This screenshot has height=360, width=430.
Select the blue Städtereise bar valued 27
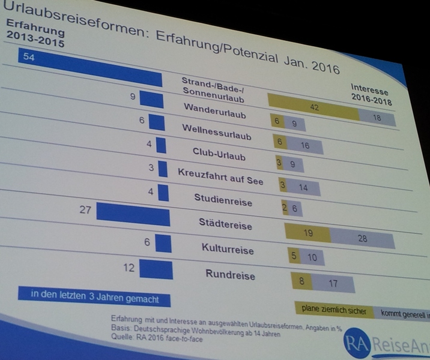[x=133, y=214]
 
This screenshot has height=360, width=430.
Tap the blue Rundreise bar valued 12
[x=157, y=270]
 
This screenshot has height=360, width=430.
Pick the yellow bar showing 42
[x=313, y=107]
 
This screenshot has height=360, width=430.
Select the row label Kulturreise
[x=227, y=248]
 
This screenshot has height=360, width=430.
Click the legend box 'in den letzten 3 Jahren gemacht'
[x=93, y=296]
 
